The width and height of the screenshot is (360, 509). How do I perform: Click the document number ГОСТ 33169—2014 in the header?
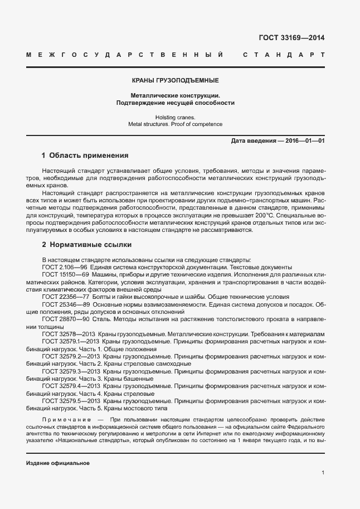pyautogui.click(x=291, y=38)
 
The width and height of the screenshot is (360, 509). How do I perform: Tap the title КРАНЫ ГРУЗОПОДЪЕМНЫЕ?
pyautogui.click(x=174, y=81)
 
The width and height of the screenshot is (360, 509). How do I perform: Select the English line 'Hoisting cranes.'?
pyautogui.click(x=175, y=117)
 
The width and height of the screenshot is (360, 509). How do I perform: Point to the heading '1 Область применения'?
pyautogui.click(x=85, y=156)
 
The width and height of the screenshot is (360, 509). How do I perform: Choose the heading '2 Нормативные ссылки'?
pyautogui.click(x=86, y=245)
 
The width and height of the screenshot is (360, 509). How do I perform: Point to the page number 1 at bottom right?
pyautogui.click(x=323, y=473)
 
